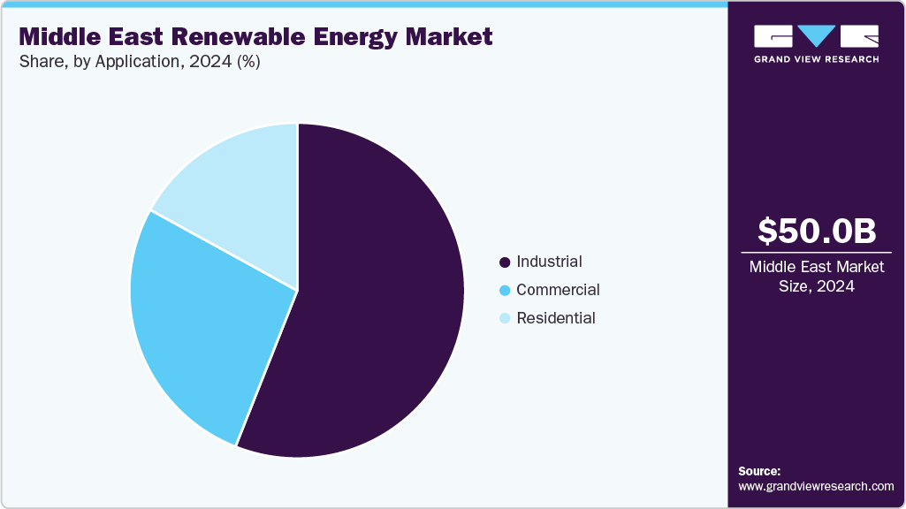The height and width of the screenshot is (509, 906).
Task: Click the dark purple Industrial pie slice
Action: [x=380, y=300]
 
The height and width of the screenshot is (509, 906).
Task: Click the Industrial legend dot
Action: [x=505, y=262]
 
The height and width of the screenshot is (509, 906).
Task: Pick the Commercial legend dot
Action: [x=505, y=291]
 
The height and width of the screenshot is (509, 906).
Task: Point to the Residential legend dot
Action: [x=505, y=319]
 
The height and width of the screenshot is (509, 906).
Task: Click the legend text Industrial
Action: [x=549, y=262]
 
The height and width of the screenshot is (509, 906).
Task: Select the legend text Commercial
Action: [x=558, y=290]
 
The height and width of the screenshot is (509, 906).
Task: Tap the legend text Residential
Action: [x=556, y=318]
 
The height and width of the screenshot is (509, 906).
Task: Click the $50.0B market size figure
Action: [x=817, y=231]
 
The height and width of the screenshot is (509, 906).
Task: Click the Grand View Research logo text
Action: [x=816, y=59]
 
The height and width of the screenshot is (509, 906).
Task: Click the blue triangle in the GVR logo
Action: [x=817, y=35]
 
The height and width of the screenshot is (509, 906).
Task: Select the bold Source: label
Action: [x=759, y=471]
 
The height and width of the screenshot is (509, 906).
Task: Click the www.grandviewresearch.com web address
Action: [x=816, y=486]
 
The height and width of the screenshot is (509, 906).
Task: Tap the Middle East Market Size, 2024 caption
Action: [x=816, y=277]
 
